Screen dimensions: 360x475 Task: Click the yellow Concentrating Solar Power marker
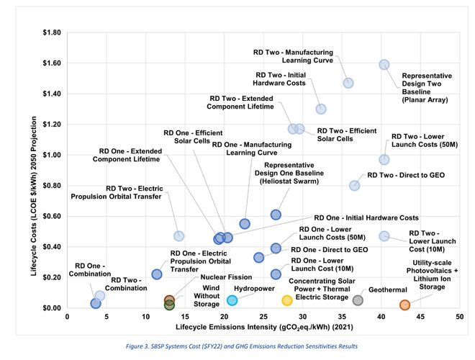(x=287, y=300)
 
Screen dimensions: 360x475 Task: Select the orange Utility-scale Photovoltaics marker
(x=404, y=305)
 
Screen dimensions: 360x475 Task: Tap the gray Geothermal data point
(x=358, y=300)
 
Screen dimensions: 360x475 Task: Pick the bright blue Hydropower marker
(x=232, y=300)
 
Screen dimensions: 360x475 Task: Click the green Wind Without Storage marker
(x=169, y=305)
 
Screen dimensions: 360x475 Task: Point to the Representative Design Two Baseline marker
(x=384, y=64)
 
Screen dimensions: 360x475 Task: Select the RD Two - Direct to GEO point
(x=354, y=186)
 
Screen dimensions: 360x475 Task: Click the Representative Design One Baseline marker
(x=276, y=215)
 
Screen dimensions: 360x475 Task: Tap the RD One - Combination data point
(x=96, y=303)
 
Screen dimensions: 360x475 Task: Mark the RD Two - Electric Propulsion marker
(x=179, y=236)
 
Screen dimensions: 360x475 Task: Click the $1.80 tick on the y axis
(x=52, y=33)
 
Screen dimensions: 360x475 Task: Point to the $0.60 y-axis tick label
(x=52, y=217)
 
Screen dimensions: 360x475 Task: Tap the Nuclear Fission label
(x=204, y=276)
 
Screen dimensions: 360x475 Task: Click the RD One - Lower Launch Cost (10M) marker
(x=276, y=274)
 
